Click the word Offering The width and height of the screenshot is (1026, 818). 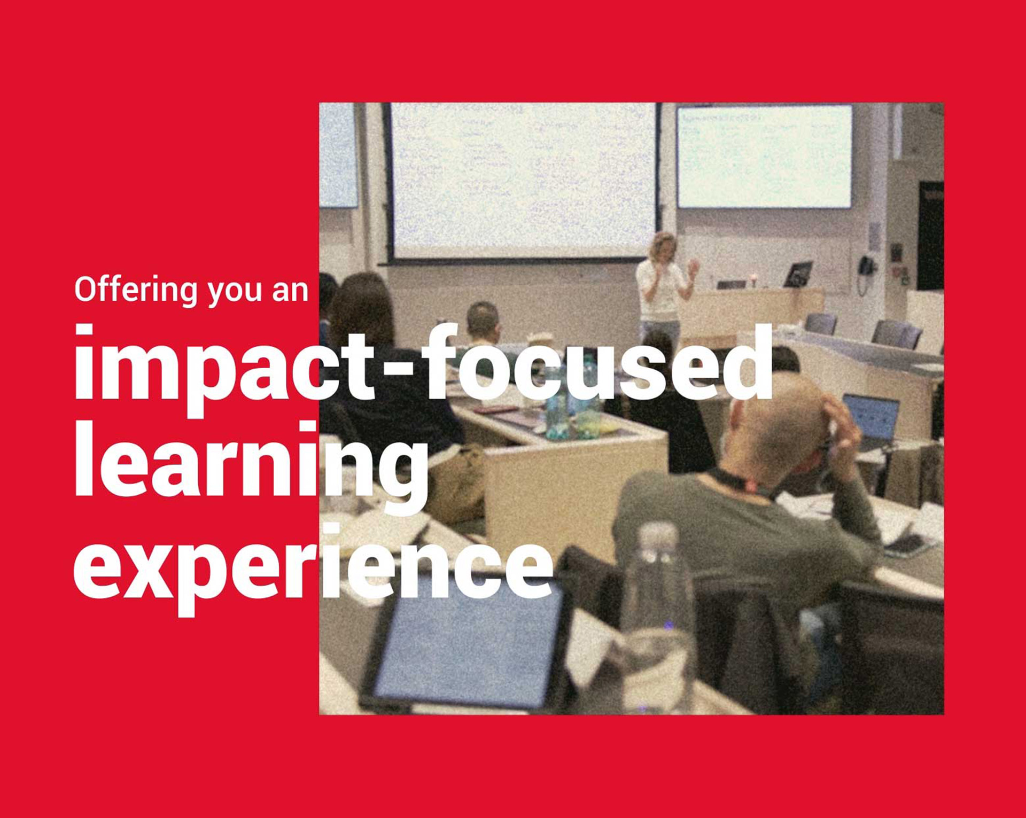pyautogui.click(x=136, y=291)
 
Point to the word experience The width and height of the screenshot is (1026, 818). pyautogui.click(x=313, y=569)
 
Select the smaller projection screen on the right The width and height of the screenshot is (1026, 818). pyautogui.click(x=764, y=156)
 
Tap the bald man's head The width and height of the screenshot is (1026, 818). pyautogui.click(x=775, y=422)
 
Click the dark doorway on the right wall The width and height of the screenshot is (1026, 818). pyautogui.click(x=931, y=236)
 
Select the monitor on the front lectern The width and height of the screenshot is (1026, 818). pyautogui.click(x=799, y=274)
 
